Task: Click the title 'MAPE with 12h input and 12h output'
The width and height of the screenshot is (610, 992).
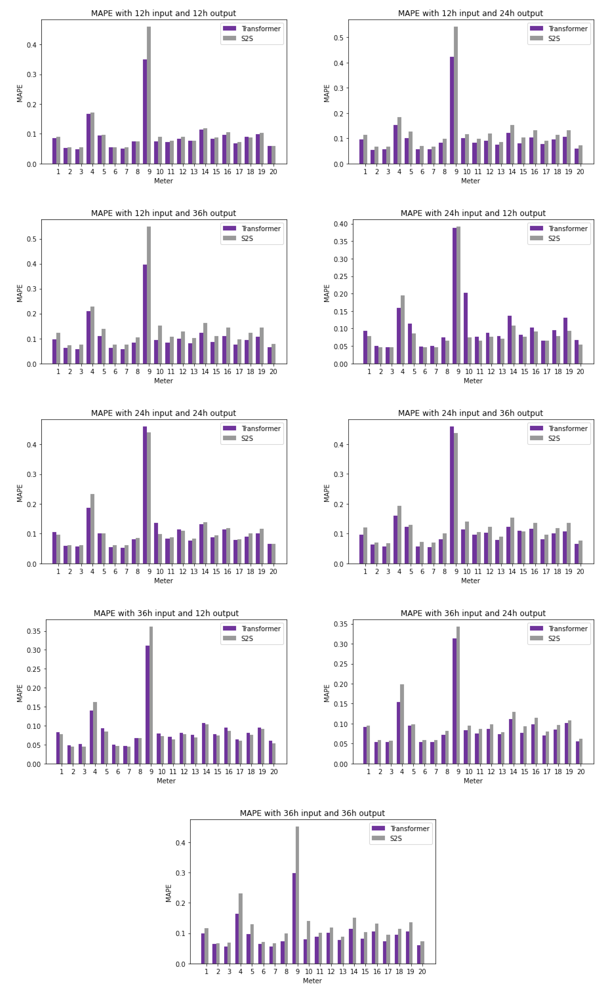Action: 163,13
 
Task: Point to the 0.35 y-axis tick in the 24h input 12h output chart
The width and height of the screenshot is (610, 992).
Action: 341,241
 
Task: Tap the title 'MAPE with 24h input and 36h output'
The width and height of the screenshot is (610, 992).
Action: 470,413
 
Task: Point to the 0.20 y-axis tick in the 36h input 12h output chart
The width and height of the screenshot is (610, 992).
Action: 34,688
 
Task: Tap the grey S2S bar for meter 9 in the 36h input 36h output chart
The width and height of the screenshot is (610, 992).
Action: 297,895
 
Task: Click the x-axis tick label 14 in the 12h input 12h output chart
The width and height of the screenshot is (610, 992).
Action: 205,172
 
